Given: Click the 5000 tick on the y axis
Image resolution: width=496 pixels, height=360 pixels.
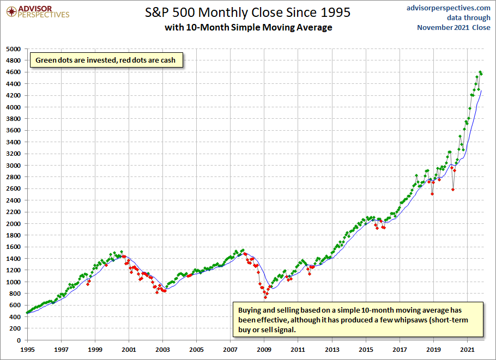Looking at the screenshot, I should [13, 49].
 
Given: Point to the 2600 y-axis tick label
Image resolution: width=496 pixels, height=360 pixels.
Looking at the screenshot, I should [13, 188].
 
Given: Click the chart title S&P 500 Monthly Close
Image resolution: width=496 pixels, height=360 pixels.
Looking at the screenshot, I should [248, 12].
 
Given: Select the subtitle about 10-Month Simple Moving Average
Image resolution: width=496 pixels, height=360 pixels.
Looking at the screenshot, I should [248, 27].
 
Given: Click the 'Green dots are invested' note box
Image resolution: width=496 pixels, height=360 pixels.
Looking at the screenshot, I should [106, 60].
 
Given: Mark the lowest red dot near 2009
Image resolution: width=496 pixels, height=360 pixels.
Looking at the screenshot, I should [265, 297].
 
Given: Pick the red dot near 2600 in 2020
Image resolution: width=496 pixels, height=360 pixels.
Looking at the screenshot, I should [453, 190].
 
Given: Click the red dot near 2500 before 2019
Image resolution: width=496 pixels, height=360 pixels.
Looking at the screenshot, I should [432, 193].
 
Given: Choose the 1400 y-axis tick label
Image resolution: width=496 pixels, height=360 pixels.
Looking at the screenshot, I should [13, 259].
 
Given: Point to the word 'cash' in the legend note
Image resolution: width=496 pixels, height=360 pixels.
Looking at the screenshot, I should [168, 60].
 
